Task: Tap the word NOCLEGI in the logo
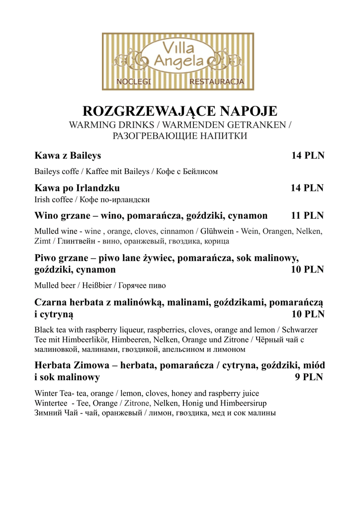pos(133,81)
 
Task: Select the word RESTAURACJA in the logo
pos(216,81)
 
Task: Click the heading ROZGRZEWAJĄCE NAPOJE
pos(180,110)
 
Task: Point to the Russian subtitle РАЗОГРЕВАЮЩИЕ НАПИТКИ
pos(180,136)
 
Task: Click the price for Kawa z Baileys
pos(307,156)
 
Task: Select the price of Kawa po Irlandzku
pos(307,188)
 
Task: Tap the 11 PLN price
pos(307,216)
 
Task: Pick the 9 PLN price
pos(309,377)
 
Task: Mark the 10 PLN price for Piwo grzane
pos(307,270)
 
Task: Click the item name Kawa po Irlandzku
pos(77,188)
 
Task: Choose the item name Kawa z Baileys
pos(68,156)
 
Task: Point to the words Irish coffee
pos(53,199)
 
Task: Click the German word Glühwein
pos(217,232)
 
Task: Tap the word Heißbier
pos(96,286)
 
